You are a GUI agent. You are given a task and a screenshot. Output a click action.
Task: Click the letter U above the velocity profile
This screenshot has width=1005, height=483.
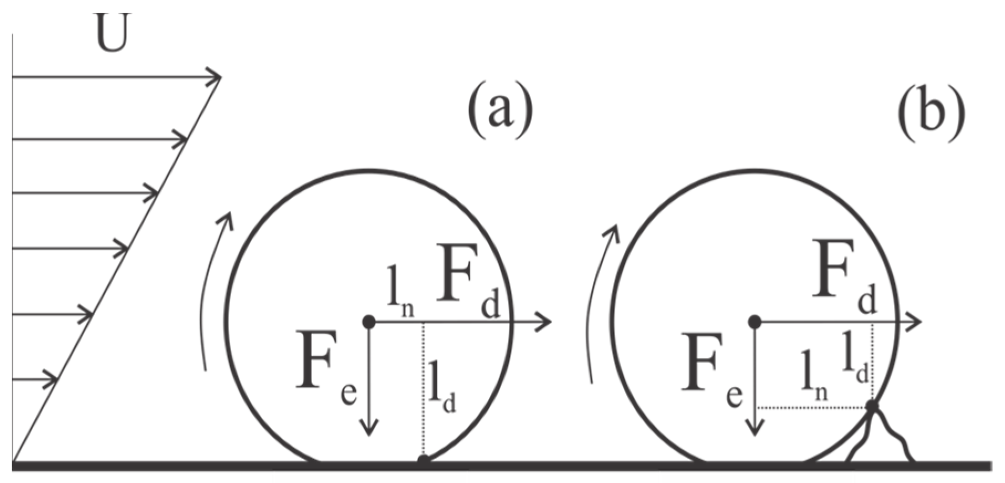[112, 34]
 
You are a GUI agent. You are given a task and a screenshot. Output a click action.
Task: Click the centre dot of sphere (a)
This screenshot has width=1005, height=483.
[368, 321]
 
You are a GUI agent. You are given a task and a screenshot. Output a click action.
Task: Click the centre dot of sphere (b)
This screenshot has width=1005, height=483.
[754, 321]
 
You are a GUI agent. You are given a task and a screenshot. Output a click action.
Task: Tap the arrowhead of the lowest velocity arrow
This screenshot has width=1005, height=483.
[52, 380]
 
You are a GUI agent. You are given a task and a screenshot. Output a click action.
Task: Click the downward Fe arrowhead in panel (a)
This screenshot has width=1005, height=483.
[368, 429]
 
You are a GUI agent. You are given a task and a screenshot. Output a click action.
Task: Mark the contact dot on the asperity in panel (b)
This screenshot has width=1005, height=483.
[872, 407]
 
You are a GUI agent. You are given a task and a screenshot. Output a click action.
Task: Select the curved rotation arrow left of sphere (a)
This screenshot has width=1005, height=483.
[216, 288]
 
